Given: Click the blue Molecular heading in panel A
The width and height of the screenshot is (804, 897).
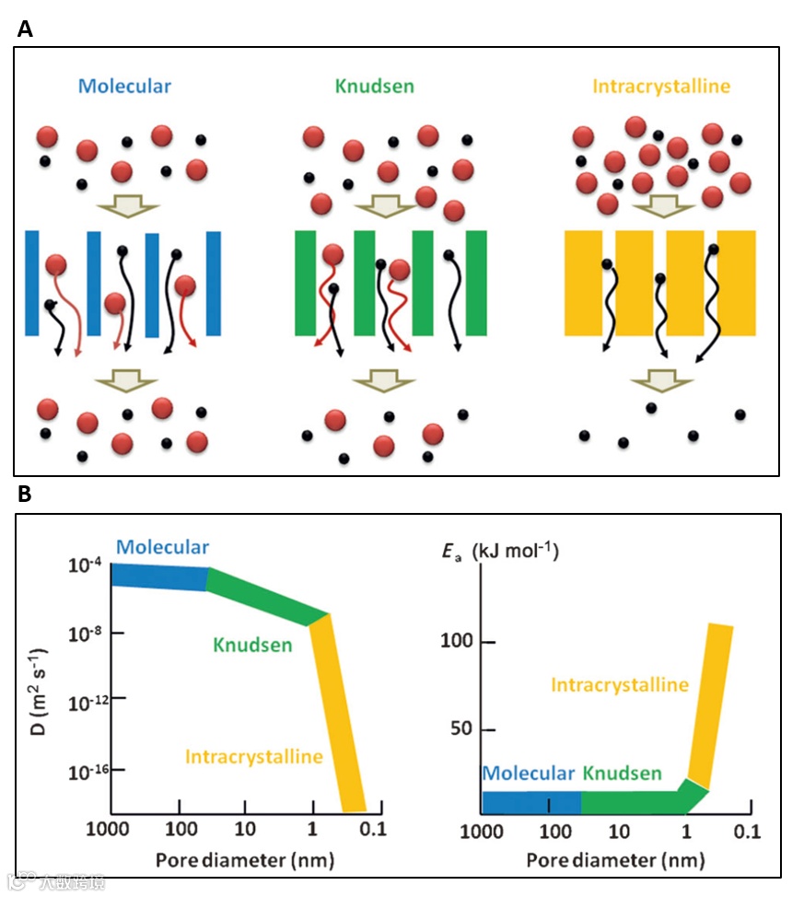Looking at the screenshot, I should point(124,87).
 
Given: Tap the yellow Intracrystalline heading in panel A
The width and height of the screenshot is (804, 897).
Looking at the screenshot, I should point(661,87).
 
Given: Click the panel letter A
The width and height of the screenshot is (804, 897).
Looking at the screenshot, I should point(25,29).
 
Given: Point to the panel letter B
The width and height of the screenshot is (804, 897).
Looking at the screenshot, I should point(25,495).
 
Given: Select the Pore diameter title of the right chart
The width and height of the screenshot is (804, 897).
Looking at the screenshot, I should point(616,860).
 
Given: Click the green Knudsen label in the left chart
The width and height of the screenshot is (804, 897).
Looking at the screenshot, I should point(252,646).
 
